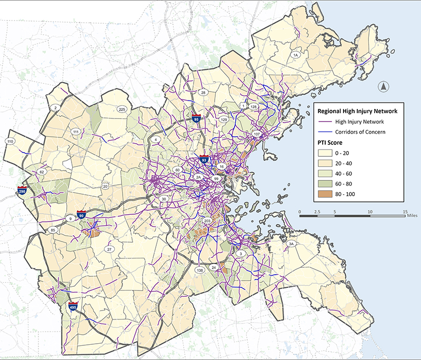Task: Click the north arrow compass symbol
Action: pos(384,87)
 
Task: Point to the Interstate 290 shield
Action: pos(22,190)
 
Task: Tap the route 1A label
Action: pos(295,55)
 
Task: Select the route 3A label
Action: pos(290,244)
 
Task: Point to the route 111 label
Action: pos(76,132)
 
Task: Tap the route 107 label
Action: pos(257,135)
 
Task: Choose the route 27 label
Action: pos(109,249)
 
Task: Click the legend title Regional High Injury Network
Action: pos(358,111)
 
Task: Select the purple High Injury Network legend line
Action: pos(325,122)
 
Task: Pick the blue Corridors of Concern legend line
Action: pos(325,132)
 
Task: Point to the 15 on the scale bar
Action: pos(404,211)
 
